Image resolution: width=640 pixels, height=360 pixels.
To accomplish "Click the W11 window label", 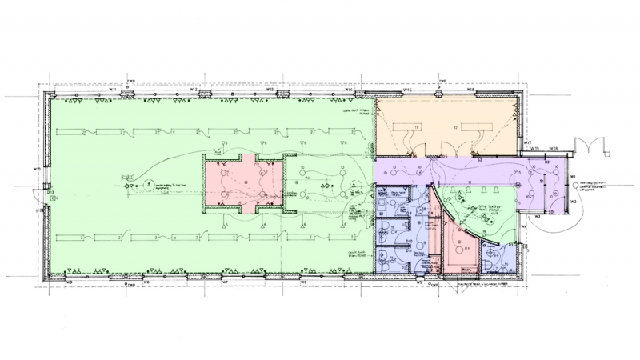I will [114, 90].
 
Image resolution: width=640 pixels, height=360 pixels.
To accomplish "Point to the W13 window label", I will [271, 90].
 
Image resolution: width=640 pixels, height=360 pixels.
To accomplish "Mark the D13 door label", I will [50, 193].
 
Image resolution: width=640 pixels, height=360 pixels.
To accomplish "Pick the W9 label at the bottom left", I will [70, 283].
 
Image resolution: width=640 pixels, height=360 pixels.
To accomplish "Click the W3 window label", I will [538, 216].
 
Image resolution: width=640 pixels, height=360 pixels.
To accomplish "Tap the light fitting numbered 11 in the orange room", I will [417, 128].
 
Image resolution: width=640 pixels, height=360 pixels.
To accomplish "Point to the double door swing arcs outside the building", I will [596, 146].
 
